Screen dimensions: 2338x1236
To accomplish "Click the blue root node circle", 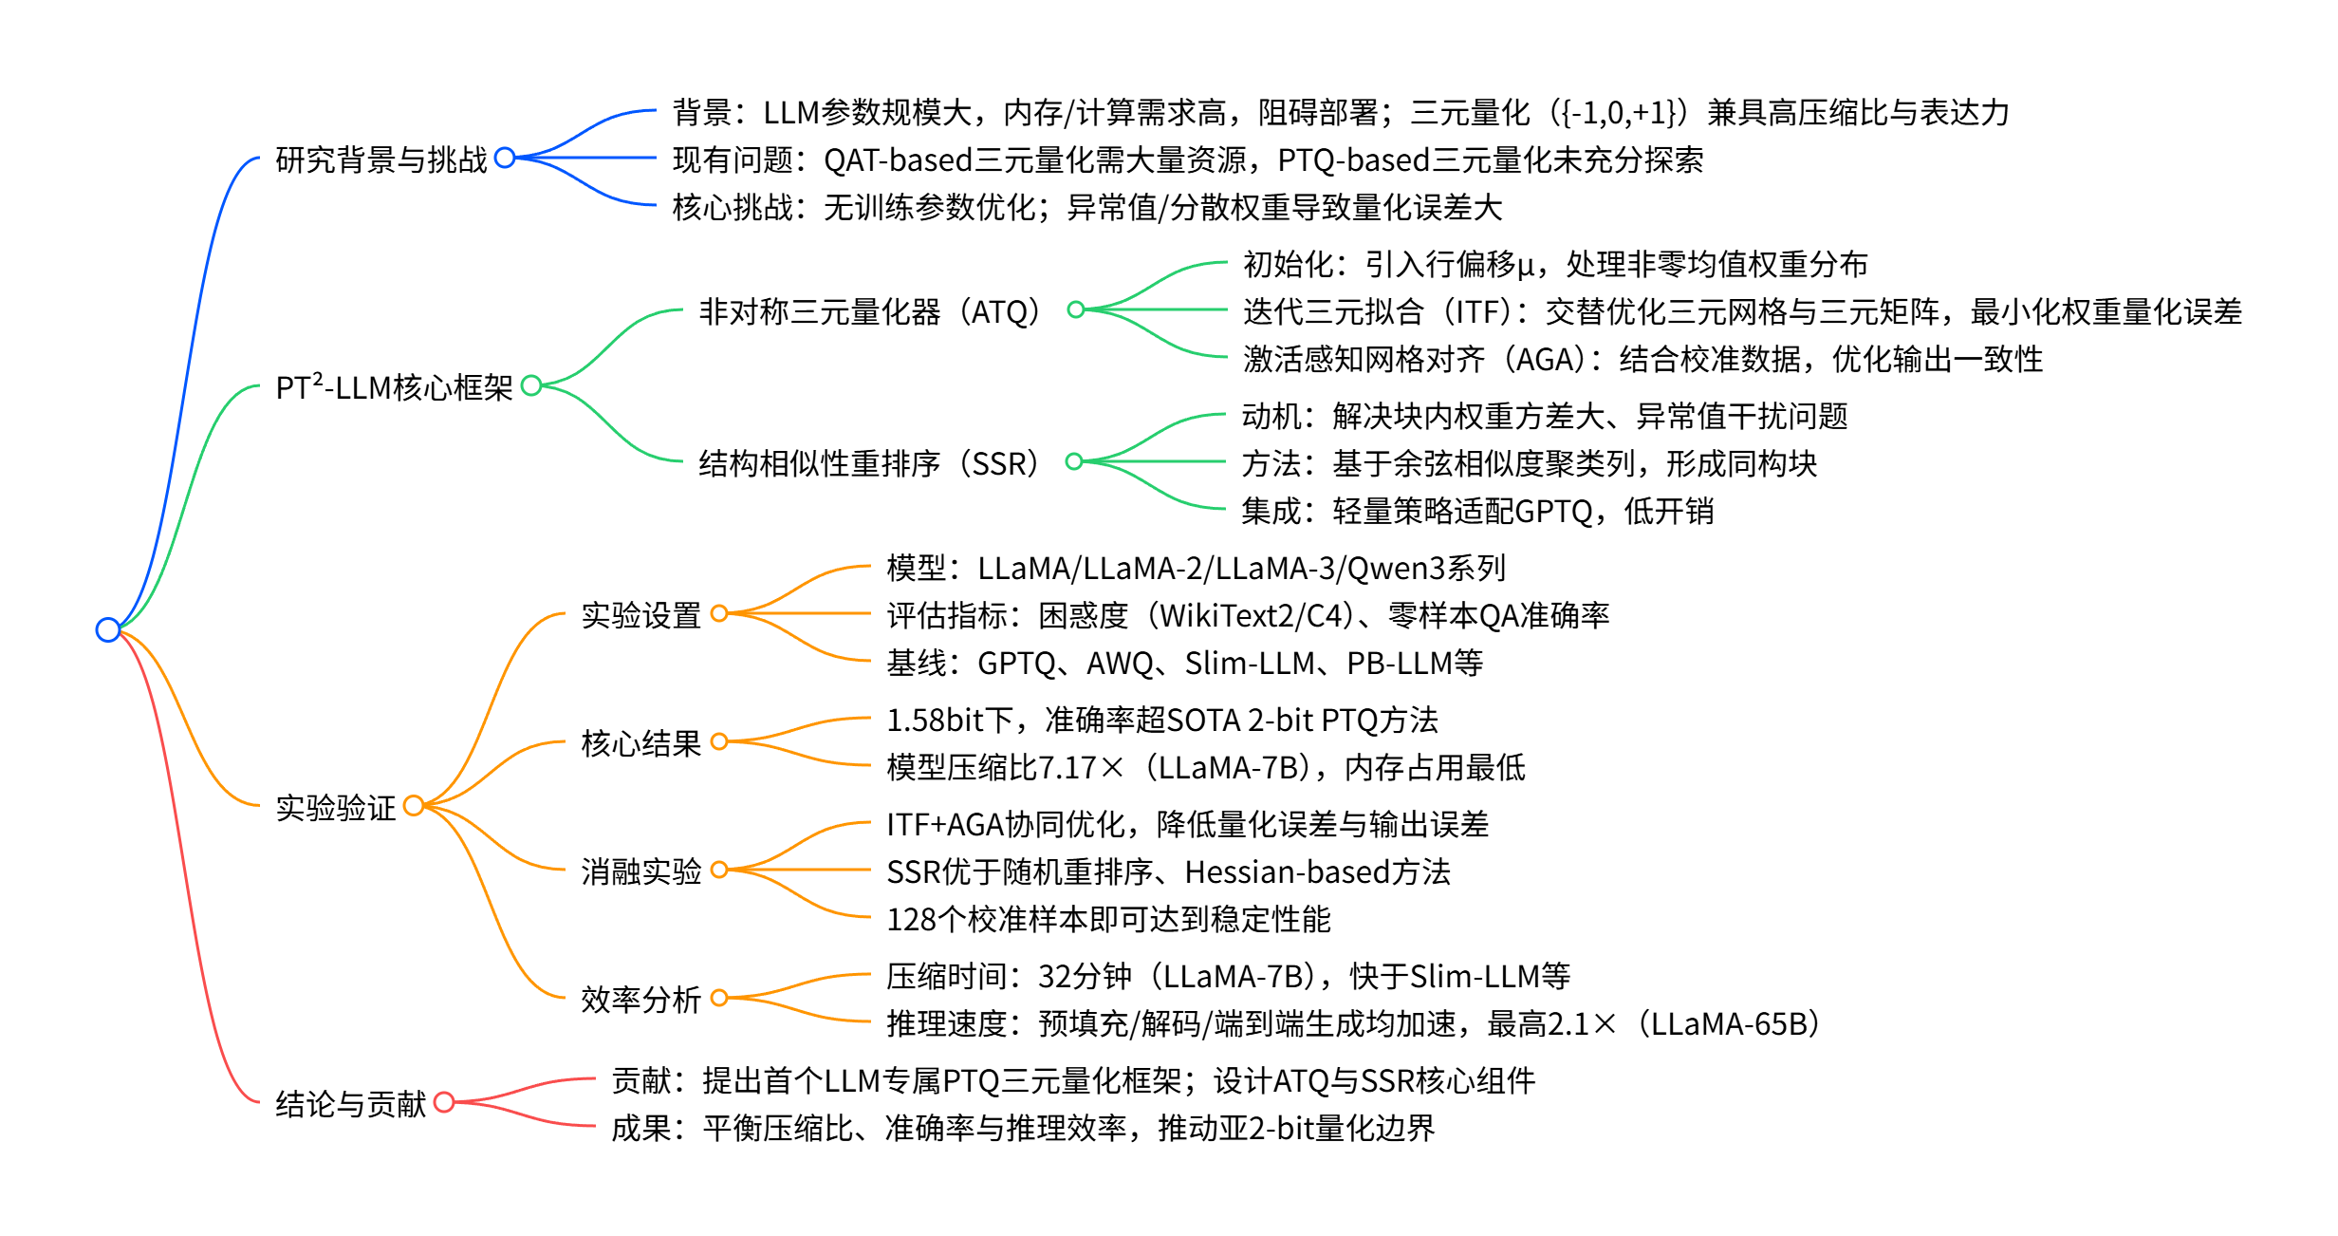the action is [108, 629].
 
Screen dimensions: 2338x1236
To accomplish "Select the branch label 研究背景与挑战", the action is [380, 159].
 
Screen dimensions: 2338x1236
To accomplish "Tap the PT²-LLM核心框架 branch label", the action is [394, 387].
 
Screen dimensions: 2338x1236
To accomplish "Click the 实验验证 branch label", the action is [335, 808].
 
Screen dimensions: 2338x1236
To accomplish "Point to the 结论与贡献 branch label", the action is [350, 1104].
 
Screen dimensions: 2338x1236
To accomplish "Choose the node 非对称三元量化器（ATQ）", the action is [869, 311].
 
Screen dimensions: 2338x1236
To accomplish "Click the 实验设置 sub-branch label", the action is [640, 615].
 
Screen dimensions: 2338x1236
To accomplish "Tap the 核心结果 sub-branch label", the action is [640, 743].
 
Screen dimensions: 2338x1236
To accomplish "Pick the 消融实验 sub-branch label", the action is [640, 871].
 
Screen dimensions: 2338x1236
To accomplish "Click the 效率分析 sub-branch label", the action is [640, 1000].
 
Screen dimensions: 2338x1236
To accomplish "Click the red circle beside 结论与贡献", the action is [444, 1102].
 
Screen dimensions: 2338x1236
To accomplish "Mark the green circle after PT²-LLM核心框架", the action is [531, 385].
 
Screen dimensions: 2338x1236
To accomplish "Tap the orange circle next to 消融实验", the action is [719, 870].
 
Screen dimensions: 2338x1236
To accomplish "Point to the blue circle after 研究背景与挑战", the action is [505, 158].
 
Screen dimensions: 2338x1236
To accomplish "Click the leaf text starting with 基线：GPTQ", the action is [1184, 663].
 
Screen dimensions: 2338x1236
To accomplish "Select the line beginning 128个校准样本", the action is [1108, 919].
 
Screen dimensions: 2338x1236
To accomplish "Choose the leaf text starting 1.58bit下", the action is [1161, 721].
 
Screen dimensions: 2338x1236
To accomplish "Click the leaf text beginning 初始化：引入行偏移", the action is [1554, 264].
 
